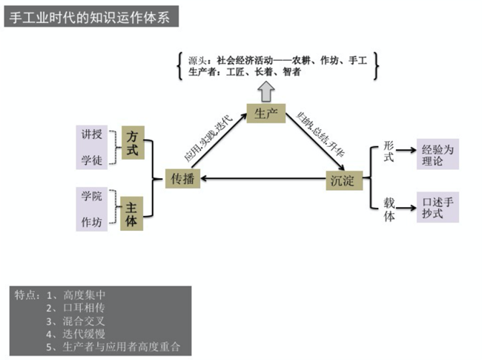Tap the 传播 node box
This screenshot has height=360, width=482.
click(182, 179)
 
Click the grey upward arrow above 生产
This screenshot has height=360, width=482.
click(265, 90)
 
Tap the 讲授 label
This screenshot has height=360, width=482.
click(92, 135)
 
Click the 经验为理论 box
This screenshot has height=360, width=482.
click(438, 154)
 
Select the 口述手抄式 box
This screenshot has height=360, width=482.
click(438, 206)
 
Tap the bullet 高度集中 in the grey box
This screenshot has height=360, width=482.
click(80, 294)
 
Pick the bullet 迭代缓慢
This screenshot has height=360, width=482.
click(80, 333)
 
